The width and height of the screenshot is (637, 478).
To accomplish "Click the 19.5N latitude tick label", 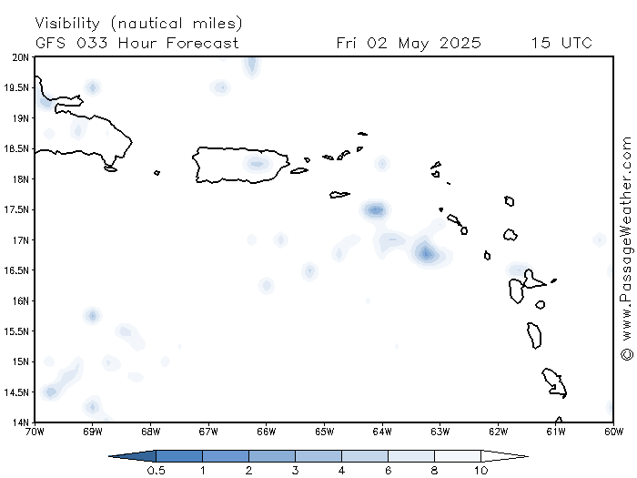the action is [x=16, y=87].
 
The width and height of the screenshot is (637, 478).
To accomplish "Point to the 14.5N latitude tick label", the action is [x=16, y=392].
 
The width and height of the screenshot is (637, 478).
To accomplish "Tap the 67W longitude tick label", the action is [x=208, y=432].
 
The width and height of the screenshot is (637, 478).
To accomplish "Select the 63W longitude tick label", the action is [x=440, y=432].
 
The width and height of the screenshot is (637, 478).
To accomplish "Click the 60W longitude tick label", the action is [x=613, y=432].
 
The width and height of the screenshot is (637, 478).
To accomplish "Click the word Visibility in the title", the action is [x=67, y=23].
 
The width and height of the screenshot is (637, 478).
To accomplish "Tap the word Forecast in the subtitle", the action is [x=202, y=43].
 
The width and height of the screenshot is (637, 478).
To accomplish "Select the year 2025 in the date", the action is [x=460, y=43].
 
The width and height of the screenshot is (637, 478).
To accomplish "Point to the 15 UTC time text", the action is [x=561, y=43].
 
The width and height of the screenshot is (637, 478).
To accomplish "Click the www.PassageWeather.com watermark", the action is [x=626, y=249].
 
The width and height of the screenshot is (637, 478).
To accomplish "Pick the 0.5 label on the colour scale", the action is [x=156, y=471].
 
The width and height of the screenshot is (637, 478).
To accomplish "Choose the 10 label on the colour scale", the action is [x=481, y=471].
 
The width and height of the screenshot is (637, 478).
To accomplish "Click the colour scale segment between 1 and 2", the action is [x=226, y=456].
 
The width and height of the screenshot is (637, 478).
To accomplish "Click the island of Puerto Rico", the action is [x=240, y=165].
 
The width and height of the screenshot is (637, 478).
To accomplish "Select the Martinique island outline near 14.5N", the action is [x=554, y=383].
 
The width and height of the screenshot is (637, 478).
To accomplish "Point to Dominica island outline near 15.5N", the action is [x=534, y=335].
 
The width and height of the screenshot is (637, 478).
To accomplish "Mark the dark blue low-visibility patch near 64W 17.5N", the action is [x=375, y=210].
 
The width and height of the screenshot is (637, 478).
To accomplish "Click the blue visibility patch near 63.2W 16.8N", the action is [x=427, y=253].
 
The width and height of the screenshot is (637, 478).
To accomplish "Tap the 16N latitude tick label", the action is [x=19, y=301].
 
